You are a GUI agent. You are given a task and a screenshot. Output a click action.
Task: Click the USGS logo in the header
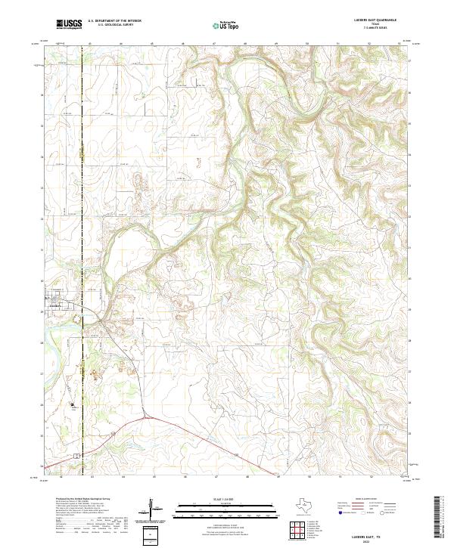[x=69, y=25]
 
